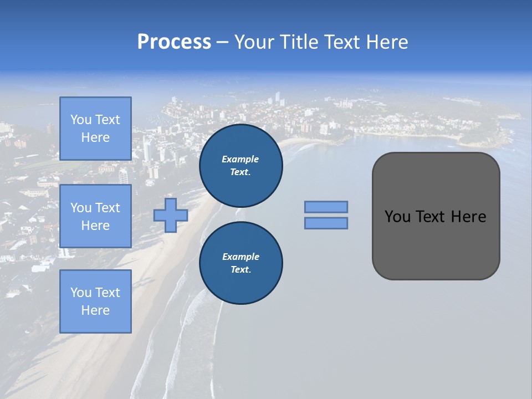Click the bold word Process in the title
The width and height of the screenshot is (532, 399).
174,42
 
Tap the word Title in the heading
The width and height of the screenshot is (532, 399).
299,42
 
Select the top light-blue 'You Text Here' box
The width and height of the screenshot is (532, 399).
95,129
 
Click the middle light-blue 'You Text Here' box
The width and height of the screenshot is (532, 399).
95,216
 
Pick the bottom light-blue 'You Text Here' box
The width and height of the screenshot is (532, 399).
95,301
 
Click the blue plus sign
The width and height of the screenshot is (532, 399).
171,215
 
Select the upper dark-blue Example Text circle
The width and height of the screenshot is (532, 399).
241,166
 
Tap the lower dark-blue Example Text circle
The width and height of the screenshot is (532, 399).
241,263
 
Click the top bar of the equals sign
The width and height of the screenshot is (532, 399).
326,207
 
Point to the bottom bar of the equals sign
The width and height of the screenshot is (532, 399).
326,223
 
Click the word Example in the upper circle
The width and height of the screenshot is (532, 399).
240,159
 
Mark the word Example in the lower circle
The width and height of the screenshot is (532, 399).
240,257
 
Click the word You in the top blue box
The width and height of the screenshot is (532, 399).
81,120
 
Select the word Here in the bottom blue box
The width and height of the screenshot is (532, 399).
95,310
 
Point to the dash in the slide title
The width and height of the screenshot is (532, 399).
222,42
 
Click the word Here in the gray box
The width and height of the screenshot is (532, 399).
468,217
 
